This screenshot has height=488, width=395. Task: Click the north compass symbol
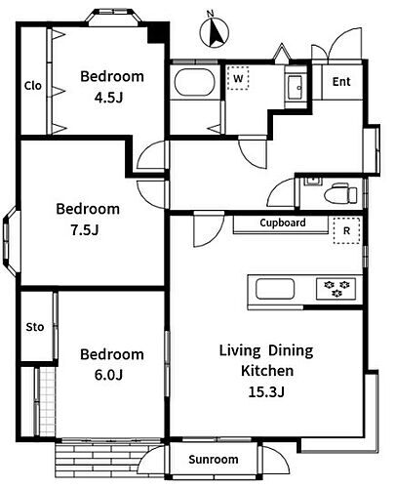(214, 32)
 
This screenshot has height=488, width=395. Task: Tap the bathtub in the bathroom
(195, 82)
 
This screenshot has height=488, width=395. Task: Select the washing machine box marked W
(238, 78)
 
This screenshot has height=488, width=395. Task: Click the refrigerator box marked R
(346, 230)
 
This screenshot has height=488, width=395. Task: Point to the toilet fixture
(340, 194)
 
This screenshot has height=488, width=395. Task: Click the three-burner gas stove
(336, 289)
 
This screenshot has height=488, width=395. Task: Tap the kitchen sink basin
(275, 289)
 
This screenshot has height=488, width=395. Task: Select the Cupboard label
(283, 223)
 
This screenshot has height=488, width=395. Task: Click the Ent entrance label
(341, 82)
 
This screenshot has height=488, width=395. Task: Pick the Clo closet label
(33, 86)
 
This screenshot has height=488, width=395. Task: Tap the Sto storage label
(35, 327)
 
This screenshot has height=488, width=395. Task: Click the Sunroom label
(214, 460)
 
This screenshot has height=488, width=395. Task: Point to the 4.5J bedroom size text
(108, 98)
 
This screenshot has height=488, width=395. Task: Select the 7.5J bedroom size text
(85, 230)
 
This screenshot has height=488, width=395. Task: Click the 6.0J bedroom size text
(108, 375)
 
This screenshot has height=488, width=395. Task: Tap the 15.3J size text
(266, 391)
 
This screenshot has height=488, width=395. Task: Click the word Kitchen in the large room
(267, 371)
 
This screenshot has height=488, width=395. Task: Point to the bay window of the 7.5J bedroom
(10, 241)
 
